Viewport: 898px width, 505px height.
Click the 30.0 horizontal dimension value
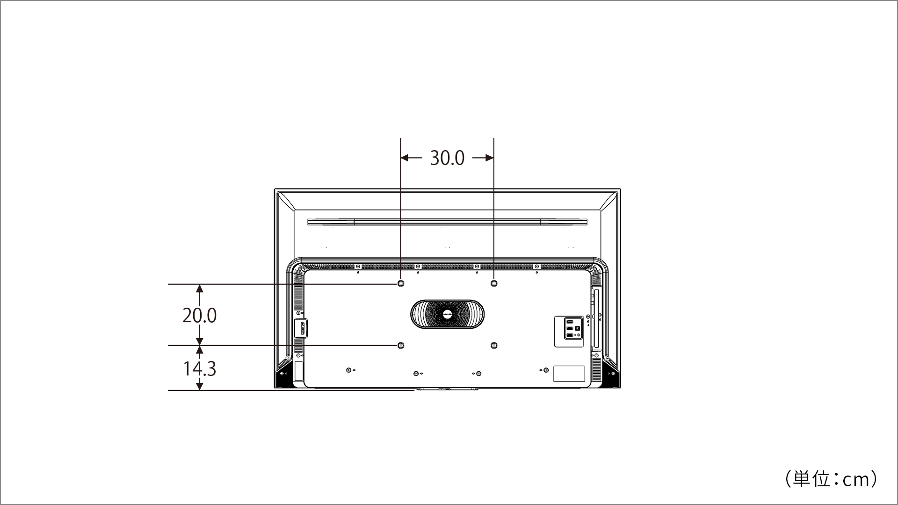(x=447, y=158)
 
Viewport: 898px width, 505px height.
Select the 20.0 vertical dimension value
(x=199, y=316)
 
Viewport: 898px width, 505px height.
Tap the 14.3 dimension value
(x=199, y=368)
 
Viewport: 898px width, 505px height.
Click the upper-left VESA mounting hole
(x=401, y=283)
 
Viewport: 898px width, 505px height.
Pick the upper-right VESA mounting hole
(x=494, y=283)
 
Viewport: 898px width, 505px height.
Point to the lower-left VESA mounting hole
(x=401, y=346)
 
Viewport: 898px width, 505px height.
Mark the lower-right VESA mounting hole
(x=494, y=346)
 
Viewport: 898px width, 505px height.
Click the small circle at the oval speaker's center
(x=447, y=314)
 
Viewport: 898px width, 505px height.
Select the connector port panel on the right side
(x=569, y=332)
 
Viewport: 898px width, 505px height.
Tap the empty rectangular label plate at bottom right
(x=569, y=374)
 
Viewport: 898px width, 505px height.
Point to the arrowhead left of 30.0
(x=405, y=158)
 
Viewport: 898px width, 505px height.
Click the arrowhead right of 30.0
(x=489, y=158)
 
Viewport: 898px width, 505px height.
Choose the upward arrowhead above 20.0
(x=200, y=289)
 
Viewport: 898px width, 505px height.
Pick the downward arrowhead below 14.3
(x=200, y=386)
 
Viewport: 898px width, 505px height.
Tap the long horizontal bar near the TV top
(x=447, y=222)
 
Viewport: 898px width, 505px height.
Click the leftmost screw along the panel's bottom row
(x=349, y=370)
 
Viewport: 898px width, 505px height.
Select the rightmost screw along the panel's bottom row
(x=546, y=370)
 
